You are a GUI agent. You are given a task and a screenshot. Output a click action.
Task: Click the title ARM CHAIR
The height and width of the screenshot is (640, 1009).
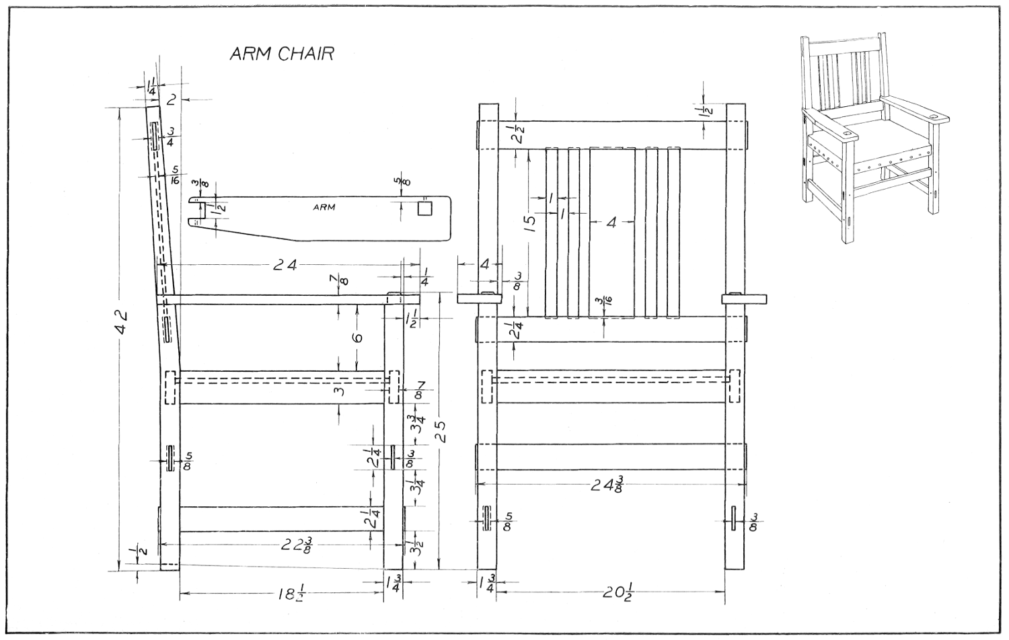tap(281, 54)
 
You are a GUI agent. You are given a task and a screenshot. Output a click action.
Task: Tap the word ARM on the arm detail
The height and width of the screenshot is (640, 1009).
tap(324, 207)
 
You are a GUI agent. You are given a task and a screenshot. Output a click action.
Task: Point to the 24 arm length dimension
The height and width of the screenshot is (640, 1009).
tap(285, 265)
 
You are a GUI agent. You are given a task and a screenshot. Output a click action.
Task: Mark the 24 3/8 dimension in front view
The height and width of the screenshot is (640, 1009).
tap(607, 484)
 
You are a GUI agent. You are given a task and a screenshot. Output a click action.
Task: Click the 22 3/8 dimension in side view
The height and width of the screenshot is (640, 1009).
tap(296, 545)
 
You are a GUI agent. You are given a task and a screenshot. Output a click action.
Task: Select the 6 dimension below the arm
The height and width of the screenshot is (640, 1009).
tap(357, 336)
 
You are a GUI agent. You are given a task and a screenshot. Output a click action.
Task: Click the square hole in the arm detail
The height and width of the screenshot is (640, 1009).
tap(424, 208)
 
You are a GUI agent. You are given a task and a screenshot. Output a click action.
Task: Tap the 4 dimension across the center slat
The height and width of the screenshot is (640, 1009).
tap(611, 222)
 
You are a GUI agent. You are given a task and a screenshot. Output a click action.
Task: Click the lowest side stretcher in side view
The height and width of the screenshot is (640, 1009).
tap(281, 518)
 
